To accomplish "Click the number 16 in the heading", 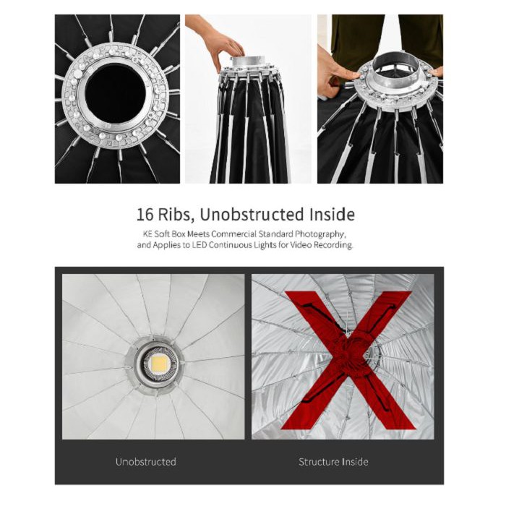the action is [145, 215].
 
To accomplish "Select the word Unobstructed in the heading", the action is [252, 215].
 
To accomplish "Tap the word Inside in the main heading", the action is [332, 215].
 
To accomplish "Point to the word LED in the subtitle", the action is [200, 245].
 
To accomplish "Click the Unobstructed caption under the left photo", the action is [146, 461].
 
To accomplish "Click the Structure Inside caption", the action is [333, 462].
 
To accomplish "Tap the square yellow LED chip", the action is [159, 364].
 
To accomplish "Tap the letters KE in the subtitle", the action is [147, 234].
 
